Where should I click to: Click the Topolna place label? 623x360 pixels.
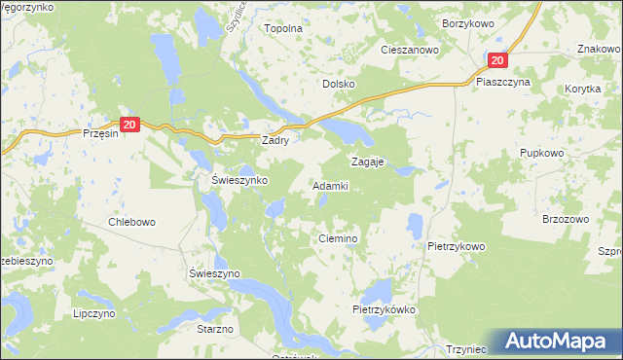point(284,28)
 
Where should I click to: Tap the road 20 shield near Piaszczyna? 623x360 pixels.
point(498,59)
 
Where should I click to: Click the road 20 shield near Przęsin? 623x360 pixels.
point(131,124)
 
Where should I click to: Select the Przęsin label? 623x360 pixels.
point(101,134)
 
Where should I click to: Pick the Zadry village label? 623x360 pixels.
point(282,140)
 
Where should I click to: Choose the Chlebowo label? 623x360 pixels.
point(131,222)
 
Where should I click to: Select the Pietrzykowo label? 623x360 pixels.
point(456,246)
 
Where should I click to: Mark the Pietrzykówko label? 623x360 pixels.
point(385,309)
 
